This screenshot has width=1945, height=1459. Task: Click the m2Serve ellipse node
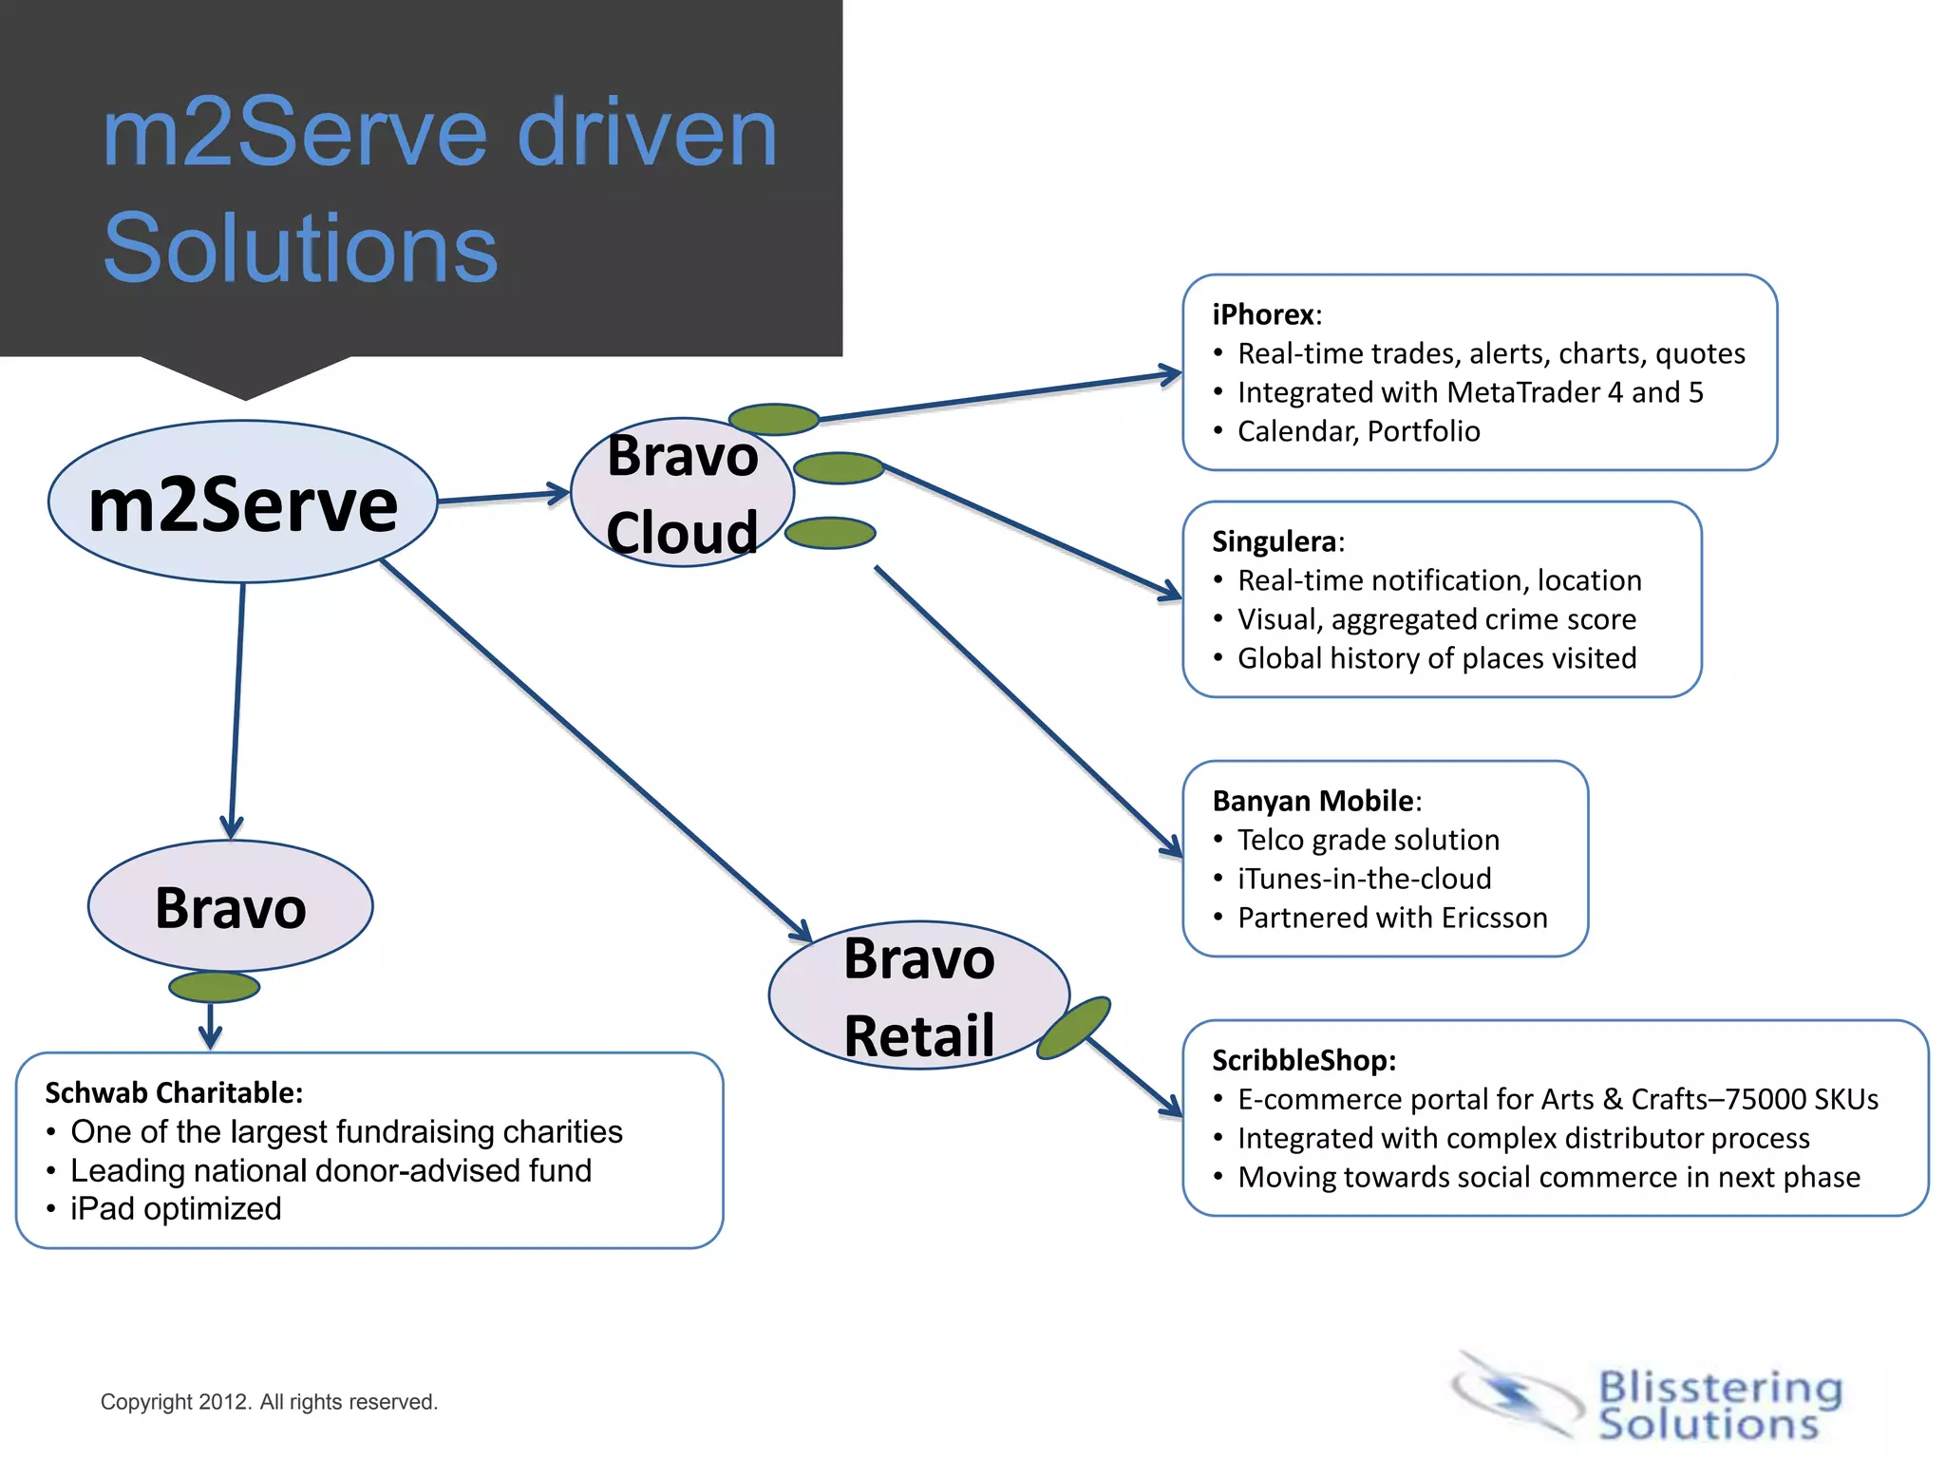(x=242, y=502)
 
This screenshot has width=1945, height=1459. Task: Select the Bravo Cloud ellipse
(x=682, y=493)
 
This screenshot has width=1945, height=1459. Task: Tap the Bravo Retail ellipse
(x=917, y=995)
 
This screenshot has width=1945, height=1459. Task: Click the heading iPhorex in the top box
(x=1262, y=314)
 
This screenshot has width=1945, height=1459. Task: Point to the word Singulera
(x=1274, y=541)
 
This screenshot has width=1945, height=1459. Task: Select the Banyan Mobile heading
(x=1313, y=801)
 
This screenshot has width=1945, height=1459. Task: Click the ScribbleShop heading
(x=1302, y=1060)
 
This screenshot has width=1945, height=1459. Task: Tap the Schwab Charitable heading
(x=173, y=1092)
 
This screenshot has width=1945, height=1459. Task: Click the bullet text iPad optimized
(x=176, y=1209)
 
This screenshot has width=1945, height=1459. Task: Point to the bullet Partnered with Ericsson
(x=1391, y=918)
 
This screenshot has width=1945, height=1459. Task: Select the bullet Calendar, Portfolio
(x=1357, y=431)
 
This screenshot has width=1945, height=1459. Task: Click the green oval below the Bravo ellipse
(x=214, y=987)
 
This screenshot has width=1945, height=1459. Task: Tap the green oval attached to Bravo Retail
(x=1074, y=1028)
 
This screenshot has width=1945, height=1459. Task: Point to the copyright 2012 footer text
(x=269, y=1402)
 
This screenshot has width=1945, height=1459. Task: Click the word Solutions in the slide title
(x=300, y=248)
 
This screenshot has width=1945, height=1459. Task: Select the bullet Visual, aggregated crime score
(x=1436, y=619)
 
